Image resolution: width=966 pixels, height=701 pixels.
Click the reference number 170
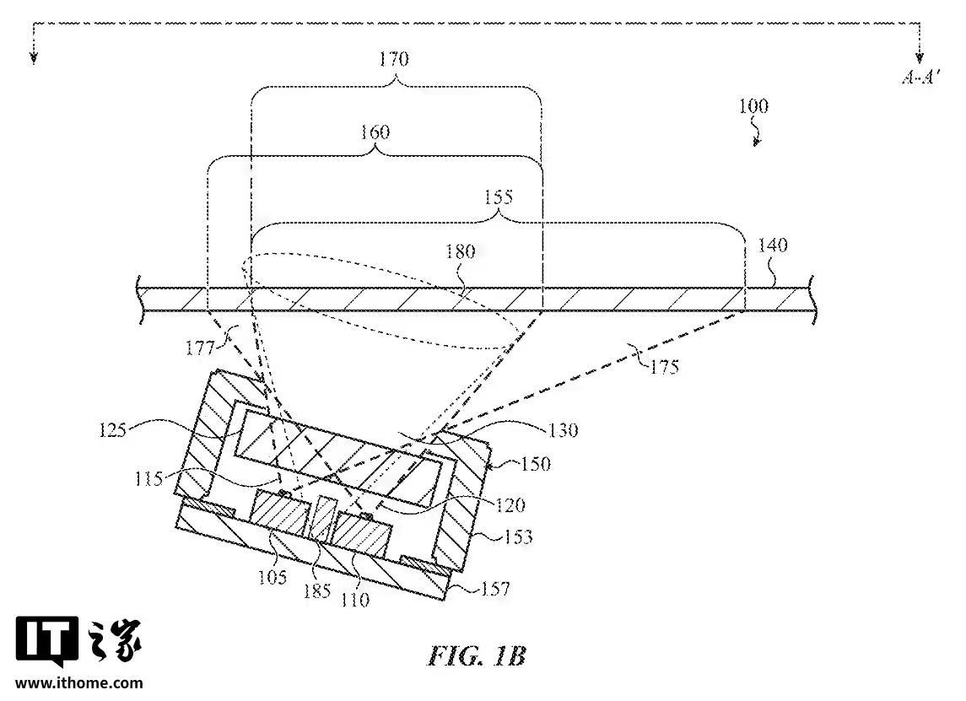tap(394, 59)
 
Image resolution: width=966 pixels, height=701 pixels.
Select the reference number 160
tap(375, 132)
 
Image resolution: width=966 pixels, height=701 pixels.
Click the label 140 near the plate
tap(773, 246)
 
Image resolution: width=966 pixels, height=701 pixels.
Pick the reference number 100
tap(753, 107)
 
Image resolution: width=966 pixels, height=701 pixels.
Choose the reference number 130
tap(562, 430)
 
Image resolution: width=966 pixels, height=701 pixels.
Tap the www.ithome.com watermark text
tap(79, 683)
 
